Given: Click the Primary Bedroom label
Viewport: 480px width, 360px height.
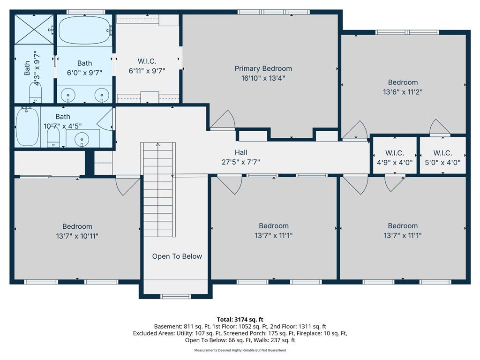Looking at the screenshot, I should pos(263,68).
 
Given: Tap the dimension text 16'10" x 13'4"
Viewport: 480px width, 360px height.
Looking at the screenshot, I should pos(263,78).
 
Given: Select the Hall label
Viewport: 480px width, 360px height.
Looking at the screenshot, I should pos(240,152).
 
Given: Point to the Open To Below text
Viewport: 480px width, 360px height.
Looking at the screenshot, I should pos(177,256).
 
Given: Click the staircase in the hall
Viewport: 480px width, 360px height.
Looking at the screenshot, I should pos(158,190).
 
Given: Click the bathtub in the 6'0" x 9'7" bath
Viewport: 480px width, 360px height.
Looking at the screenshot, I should pos(84,30).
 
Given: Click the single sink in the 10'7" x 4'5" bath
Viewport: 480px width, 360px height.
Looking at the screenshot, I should pos(82,139).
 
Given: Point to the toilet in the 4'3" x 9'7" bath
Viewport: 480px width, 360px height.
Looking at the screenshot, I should pos(36,92).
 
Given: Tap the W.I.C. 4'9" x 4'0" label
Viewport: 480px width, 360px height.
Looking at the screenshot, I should pos(394,158).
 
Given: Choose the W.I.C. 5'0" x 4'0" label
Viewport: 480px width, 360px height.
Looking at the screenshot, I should pos(442,158).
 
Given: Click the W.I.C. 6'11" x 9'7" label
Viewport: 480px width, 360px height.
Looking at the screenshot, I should pos(147,66).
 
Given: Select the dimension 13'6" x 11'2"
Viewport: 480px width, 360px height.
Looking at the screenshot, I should pos(403,92).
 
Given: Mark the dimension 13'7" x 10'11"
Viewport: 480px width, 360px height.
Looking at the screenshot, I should pos(77,236).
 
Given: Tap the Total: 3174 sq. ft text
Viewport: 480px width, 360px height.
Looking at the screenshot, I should pos(240,320).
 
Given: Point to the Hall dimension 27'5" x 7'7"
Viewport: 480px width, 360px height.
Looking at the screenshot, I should pos(240,162).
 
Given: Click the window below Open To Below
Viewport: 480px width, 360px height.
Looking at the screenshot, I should pos(176,296).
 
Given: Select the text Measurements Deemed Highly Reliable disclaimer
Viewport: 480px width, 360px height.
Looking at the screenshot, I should pos(240,350).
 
